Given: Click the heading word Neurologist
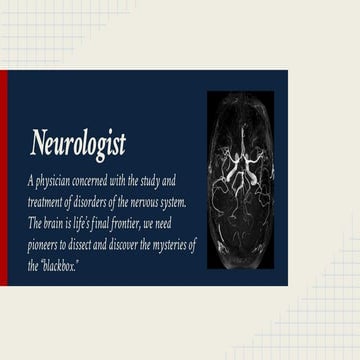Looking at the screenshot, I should [x=78, y=146].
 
